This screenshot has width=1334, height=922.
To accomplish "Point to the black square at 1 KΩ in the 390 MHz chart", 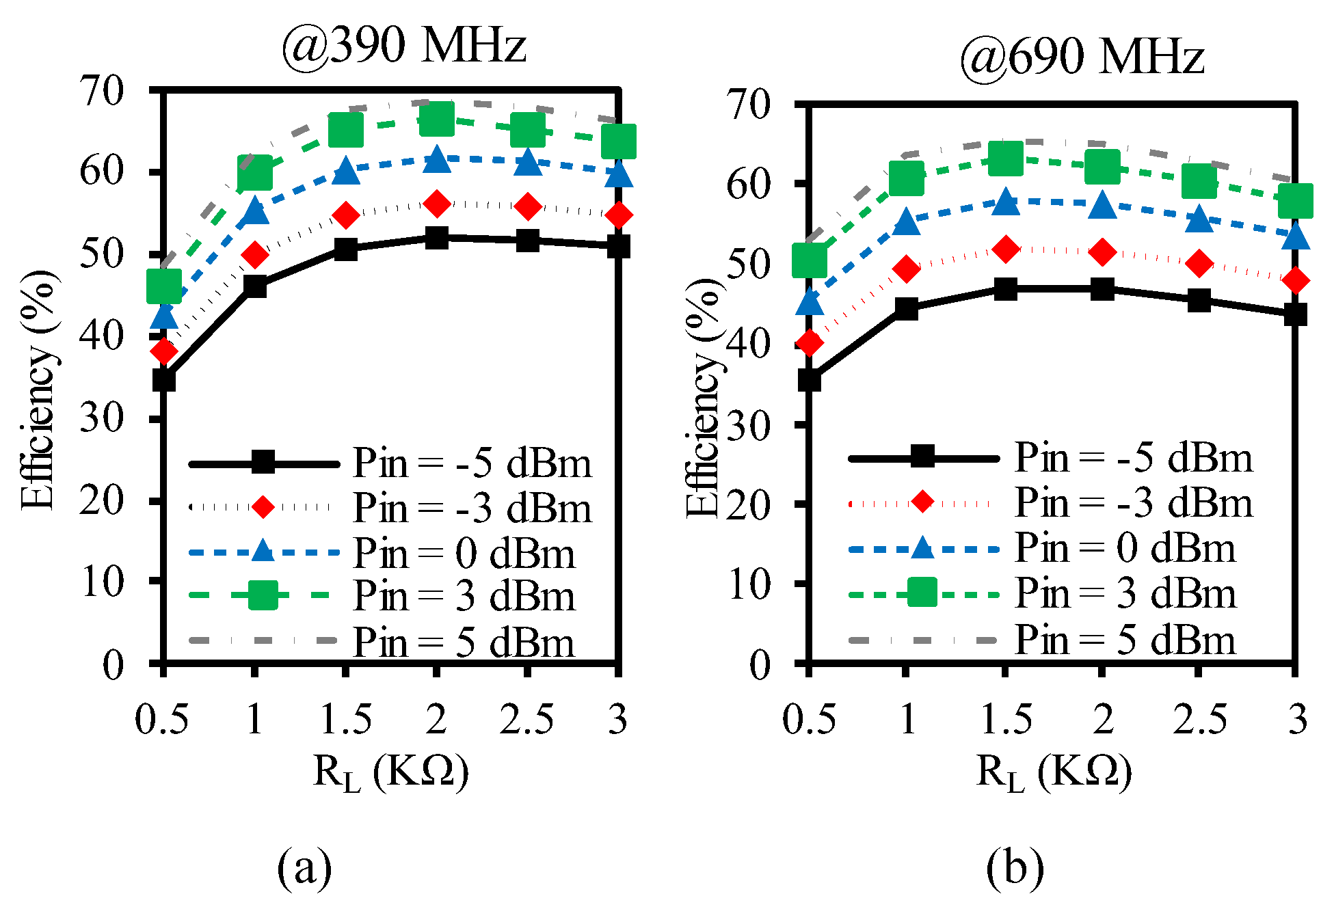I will pyautogui.click(x=254, y=287).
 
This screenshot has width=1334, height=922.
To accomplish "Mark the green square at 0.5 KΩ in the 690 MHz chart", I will pyautogui.click(x=810, y=260).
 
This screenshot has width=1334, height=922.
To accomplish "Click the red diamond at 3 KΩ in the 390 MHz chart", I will pyautogui.click(x=619, y=215).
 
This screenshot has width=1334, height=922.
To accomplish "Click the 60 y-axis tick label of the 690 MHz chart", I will pyautogui.click(x=749, y=184).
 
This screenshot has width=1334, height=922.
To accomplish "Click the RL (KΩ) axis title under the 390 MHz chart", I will pyautogui.click(x=390, y=773).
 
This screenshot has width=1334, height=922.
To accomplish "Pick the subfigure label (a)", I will pyautogui.click(x=304, y=868).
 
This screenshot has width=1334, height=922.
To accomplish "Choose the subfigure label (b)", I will pyautogui.click(x=1015, y=868).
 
